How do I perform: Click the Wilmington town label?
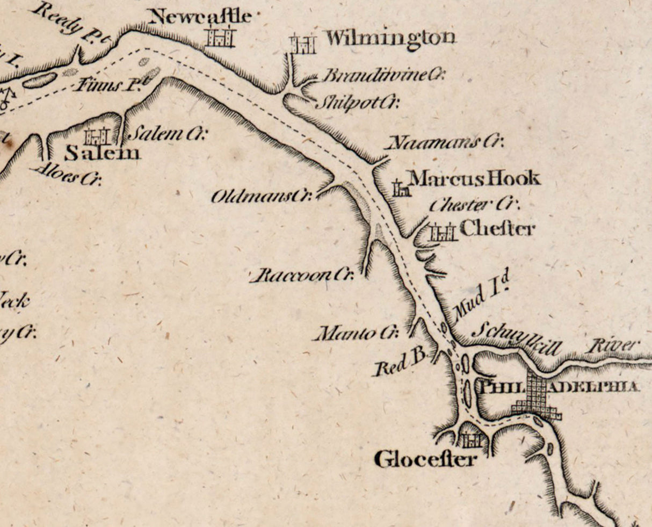coord(390,38)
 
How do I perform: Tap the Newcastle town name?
coord(200,17)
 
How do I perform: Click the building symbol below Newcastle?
coord(221,37)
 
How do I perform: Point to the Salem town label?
coord(102,154)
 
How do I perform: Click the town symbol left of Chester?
coord(443,233)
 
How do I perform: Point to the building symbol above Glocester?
coord(470,441)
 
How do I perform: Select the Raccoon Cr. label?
coord(302,276)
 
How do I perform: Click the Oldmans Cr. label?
coord(262,197)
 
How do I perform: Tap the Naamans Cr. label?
coord(445,142)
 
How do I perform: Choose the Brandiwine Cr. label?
coord(382,75)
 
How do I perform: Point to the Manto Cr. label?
coord(355,334)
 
